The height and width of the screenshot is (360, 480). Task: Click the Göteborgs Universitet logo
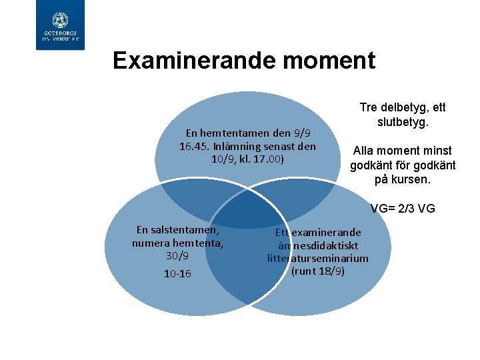[x=60, y=25]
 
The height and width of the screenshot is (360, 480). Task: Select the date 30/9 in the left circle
[x=177, y=255]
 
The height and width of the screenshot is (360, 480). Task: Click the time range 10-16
[x=177, y=273]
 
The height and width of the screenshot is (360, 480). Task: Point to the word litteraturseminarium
[x=318, y=258]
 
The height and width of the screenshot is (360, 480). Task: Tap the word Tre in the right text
[x=369, y=107]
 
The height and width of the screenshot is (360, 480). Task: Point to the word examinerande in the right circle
[x=327, y=232]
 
